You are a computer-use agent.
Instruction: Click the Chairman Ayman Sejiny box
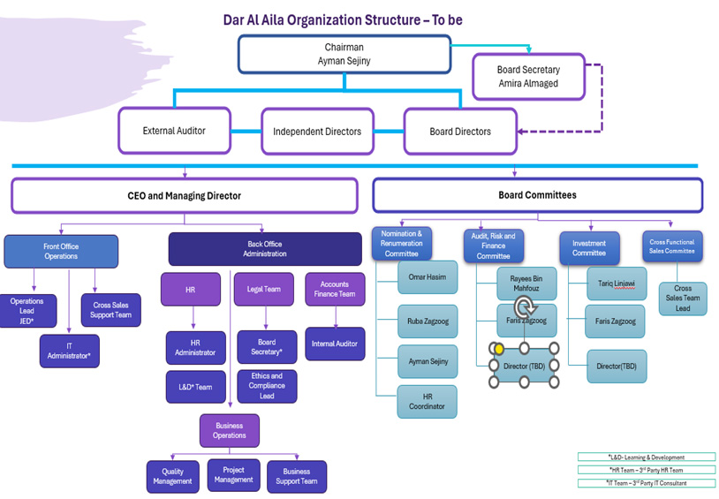click(x=344, y=54)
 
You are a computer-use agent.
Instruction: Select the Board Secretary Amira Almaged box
click(x=528, y=77)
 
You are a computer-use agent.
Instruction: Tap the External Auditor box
click(x=174, y=131)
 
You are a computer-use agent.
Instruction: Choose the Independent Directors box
click(x=317, y=132)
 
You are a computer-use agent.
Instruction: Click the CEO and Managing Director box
click(x=184, y=195)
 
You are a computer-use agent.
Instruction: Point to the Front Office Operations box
click(x=61, y=252)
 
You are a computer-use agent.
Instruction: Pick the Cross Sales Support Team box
click(x=110, y=310)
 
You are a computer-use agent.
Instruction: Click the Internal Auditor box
click(x=335, y=344)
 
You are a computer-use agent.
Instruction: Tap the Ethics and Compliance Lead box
click(x=267, y=386)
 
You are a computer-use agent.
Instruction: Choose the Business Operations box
click(x=230, y=430)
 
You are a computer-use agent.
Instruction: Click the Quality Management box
click(x=172, y=476)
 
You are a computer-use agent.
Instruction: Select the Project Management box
click(x=233, y=475)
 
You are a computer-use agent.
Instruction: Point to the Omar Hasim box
click(x=428, y=277)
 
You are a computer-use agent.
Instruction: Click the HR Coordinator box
click(x=428, y=401)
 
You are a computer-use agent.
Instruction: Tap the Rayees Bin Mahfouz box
click(x=526, y=283)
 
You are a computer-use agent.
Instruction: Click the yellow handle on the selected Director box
click(x=499, y=348)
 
